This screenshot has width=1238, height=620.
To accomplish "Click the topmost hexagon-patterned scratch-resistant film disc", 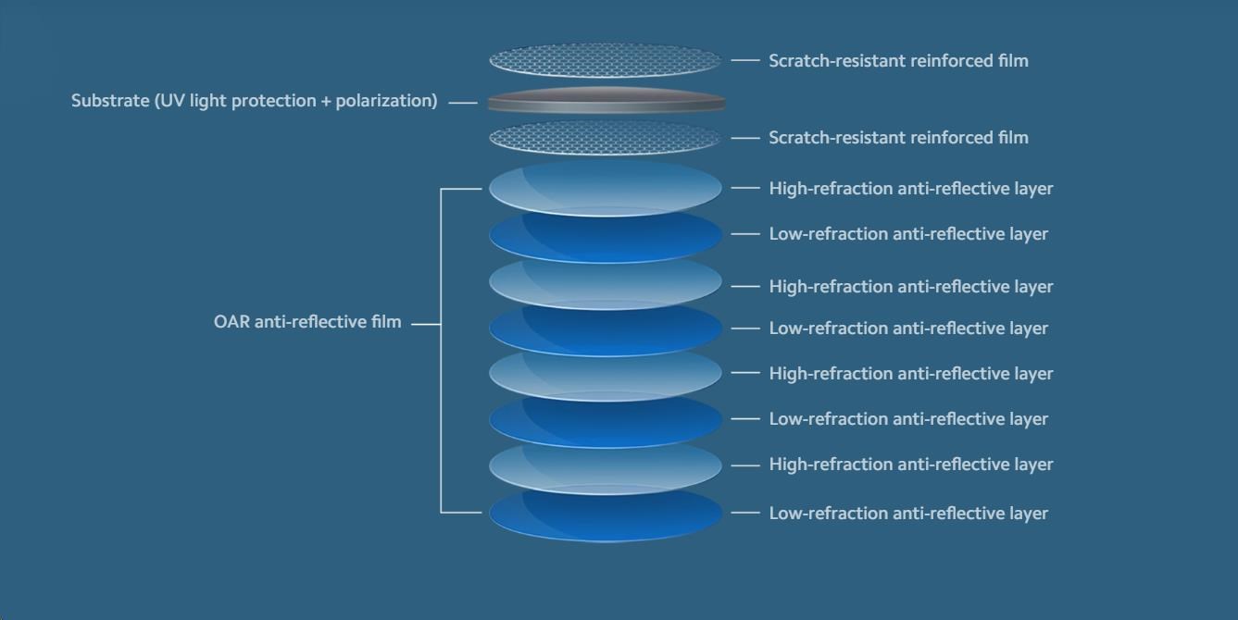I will coord(605,60).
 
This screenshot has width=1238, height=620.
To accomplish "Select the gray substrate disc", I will coord(606,101).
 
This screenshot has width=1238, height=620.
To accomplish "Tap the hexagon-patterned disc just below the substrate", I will coord(605,138).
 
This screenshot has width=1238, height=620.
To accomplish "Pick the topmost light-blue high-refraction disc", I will coord(605,188).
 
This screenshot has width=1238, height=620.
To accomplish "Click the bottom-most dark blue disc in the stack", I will coord(606,514).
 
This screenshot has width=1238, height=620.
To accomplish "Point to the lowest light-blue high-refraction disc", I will coord(605,465).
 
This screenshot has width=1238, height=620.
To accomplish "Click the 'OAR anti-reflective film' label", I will coord(307,322).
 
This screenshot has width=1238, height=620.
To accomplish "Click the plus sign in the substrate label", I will coord(325,101).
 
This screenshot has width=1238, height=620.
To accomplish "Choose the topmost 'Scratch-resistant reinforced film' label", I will coord(898,61).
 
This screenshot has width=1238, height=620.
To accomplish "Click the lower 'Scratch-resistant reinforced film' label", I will coord(898,138).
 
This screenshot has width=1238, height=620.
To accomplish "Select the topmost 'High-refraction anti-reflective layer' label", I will coord(911,189).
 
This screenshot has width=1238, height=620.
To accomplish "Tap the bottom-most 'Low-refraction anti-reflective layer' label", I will coord(908,514).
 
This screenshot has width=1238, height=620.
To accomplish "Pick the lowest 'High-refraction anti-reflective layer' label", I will coord(911,465).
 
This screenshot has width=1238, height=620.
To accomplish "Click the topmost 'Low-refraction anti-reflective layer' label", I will coord(908,234).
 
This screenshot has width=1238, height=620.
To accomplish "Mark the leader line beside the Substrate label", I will coord(462,103).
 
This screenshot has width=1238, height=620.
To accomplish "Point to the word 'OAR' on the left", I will coord(231,322).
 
